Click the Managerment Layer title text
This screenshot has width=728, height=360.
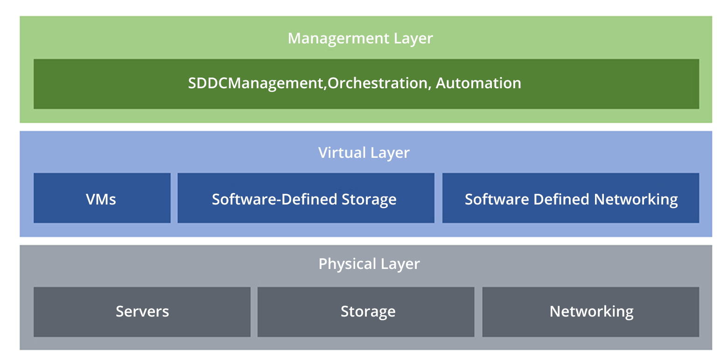[360, 38]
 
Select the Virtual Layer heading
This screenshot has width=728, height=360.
[364, 153]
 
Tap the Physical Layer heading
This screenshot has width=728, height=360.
[369, 264]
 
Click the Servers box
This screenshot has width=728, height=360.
[142, 311]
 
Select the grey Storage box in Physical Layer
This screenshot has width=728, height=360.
[368, 311]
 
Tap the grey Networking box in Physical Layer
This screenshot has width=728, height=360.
[591, 311]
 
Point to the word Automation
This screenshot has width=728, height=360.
[478, 83]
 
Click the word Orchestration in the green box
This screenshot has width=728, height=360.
[377, 83]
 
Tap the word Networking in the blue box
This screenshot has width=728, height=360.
[636, 199]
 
